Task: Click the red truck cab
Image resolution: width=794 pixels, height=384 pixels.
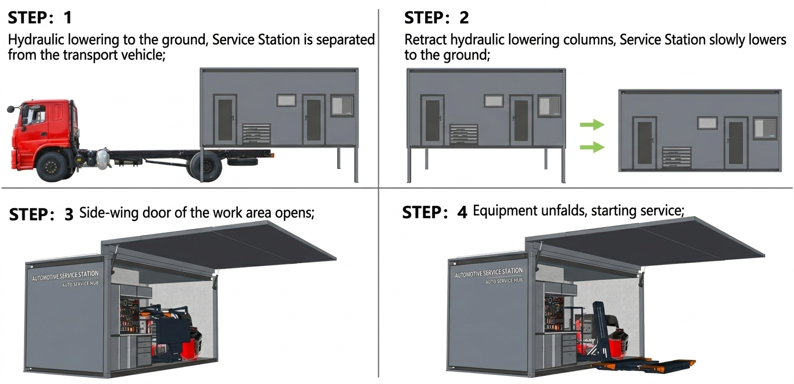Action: (45, 128)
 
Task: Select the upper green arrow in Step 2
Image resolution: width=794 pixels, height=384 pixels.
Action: (592, 125)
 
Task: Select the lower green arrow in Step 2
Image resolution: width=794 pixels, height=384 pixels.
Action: (592, 147)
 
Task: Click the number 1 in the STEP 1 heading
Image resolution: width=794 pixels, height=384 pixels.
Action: (67, 18)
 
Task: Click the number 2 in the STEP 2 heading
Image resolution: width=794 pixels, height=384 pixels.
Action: (464, 18)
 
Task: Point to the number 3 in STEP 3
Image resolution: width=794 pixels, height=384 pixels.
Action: (68, 214)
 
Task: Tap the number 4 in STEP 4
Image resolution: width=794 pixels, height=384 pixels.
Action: (462, 212)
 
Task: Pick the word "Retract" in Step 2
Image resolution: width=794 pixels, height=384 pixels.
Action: (425, 40)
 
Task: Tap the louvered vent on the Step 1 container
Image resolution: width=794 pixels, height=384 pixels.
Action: (257, 133)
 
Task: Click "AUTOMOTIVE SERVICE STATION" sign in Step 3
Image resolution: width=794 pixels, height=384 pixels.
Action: (65, 276)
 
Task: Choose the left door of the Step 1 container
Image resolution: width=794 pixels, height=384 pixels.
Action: (225, 120)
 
